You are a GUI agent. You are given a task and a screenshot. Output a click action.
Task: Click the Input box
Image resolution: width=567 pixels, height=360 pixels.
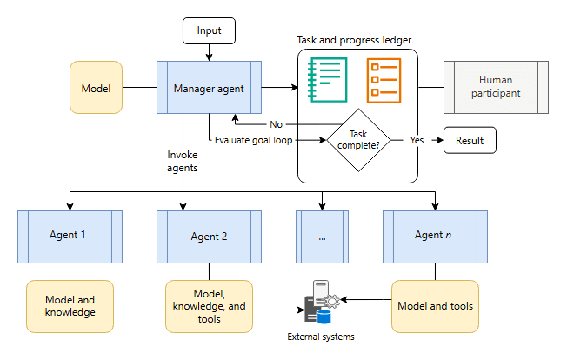209,30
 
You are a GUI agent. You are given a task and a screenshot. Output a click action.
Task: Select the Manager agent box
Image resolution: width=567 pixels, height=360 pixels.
209,88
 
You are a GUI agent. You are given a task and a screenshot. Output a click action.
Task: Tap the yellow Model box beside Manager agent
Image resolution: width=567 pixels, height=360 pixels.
96,88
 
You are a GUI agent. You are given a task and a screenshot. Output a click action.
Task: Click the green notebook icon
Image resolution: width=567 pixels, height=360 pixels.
327,80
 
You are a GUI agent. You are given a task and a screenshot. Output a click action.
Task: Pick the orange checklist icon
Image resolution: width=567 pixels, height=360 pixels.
384,81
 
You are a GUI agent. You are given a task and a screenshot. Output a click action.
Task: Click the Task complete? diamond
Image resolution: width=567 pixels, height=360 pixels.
358,140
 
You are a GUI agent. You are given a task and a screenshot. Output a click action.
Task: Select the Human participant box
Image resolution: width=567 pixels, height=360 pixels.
496,88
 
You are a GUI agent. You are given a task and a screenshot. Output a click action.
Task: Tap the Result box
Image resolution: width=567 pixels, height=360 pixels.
470,140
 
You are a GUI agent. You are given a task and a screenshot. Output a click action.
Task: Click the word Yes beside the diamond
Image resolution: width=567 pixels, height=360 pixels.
417,140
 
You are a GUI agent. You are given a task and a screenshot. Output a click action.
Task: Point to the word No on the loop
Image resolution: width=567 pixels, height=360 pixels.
276,124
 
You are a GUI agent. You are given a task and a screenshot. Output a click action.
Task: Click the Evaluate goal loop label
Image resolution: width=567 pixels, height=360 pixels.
253,140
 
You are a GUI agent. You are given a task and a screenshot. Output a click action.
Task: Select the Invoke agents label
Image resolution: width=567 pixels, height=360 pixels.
183,161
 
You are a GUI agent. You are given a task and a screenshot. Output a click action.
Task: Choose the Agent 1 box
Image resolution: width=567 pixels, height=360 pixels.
70,237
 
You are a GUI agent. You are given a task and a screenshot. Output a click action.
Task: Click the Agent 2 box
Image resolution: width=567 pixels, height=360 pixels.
209,237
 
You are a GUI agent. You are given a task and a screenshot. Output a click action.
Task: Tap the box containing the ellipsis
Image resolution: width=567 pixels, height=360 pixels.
322,237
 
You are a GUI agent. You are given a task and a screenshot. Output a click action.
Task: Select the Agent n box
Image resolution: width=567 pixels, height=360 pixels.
435,237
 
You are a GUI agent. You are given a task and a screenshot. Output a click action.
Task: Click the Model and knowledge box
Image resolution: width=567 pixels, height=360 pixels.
70,306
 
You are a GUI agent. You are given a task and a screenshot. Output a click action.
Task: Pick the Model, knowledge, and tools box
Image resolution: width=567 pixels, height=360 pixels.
209,306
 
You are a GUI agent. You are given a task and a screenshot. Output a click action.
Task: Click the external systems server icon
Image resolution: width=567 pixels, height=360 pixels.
322,302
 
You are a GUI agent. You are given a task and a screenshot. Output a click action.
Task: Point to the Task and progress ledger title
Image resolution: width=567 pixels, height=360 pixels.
354,40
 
